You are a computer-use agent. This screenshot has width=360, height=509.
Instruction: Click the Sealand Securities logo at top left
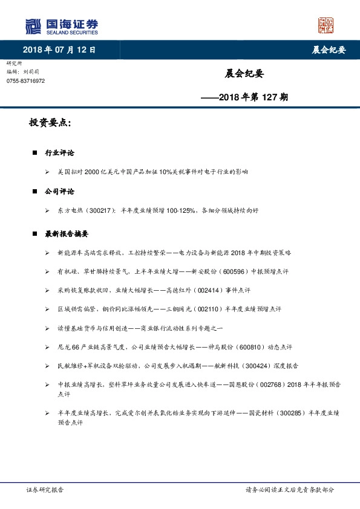click(61, 26)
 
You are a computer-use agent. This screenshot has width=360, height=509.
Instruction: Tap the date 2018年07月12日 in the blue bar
click(58, 50)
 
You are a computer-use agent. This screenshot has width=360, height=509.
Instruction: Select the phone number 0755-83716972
click(25, 82)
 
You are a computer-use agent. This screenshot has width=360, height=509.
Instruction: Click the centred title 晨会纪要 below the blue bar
click(244, 75)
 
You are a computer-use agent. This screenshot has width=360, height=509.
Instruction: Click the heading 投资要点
click(50, 123)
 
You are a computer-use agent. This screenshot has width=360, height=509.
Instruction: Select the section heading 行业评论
click(60, 154)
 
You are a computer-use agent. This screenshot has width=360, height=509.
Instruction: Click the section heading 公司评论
click(60, 192)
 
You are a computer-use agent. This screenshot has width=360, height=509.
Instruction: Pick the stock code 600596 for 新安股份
click(267, 271)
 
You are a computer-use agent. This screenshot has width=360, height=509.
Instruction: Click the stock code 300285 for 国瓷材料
click(284, 413)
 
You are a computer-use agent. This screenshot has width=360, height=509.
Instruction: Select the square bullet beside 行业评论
click(36, 154)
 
